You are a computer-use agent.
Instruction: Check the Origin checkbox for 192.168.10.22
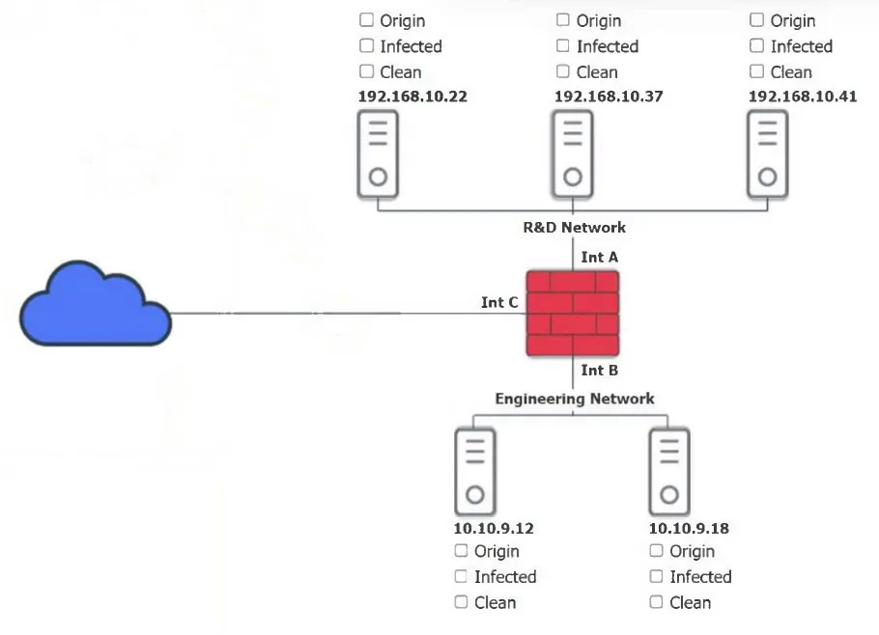coord(366,20)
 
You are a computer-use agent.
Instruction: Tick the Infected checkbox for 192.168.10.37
coord(563,46)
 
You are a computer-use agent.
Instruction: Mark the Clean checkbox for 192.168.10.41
coord(756,71)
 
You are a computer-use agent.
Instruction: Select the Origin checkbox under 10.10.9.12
coord(461,551)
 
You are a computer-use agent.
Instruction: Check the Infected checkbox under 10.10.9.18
coord(656,576)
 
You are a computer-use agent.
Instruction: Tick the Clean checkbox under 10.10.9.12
coord(461,602)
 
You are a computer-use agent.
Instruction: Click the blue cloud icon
coord(96,303)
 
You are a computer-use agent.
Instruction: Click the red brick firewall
coord(573,314)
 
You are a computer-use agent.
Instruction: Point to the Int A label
coord(599,257)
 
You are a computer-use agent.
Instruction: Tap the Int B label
coord(599,371)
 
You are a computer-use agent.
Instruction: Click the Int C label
coord(499,302)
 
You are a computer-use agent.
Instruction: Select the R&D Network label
coord(574,228)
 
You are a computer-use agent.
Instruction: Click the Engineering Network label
coord(575,399)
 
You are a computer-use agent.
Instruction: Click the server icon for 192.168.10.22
coord(378,154)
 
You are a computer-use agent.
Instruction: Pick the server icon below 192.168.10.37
coord(573,154)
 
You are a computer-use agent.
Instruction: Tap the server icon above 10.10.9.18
coord(668,472)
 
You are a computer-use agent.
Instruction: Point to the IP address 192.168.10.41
coord(803,97)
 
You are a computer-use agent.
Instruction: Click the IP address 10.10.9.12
coord(494,528)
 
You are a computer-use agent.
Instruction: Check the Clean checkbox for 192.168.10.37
coord(563,71)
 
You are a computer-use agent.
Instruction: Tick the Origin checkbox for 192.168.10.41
coord(756,20)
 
